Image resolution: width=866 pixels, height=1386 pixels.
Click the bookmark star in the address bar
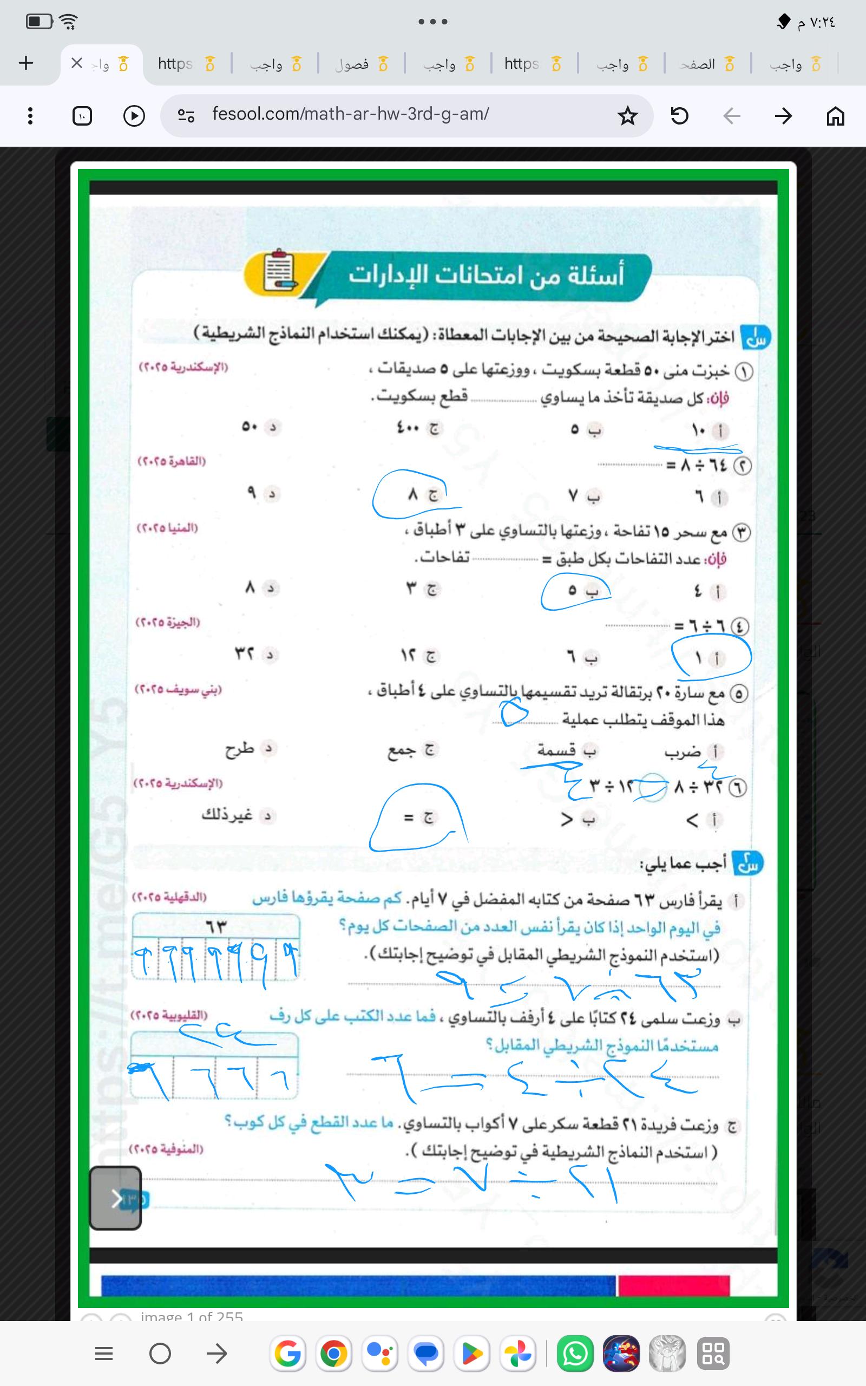pos(628,116)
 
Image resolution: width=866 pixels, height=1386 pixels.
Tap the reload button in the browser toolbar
pos(679,116)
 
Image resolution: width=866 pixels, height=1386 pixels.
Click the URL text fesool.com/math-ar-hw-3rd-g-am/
pos(350,114)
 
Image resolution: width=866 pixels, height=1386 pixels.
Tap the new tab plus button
pos(27,63)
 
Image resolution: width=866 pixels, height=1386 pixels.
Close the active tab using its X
pos(77,63)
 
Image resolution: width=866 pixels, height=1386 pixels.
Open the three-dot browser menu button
pos(30,116)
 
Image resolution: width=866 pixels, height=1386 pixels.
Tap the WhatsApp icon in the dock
pos(574,1354)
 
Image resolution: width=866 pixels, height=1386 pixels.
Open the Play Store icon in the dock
pos(472,1354)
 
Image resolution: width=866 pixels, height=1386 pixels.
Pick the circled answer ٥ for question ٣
pos(572,590)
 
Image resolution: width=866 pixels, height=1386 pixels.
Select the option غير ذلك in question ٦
pos(227,814)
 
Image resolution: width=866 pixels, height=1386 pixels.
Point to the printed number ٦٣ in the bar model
pos(216,926)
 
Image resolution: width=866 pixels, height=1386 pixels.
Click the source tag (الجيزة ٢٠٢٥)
pos(168,622)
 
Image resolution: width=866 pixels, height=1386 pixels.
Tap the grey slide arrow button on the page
pos(116,1198)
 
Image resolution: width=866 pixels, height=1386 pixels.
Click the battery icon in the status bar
pos(39,22)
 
